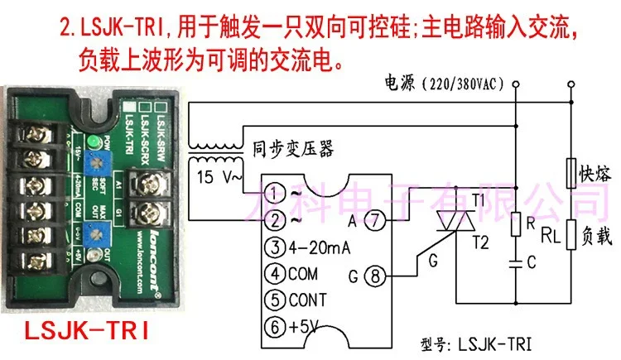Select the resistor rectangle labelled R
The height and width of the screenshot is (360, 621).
click(514, 225)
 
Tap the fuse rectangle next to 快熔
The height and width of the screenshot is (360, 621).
click(570, 174)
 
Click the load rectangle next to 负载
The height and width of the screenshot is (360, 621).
click(570, 238)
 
